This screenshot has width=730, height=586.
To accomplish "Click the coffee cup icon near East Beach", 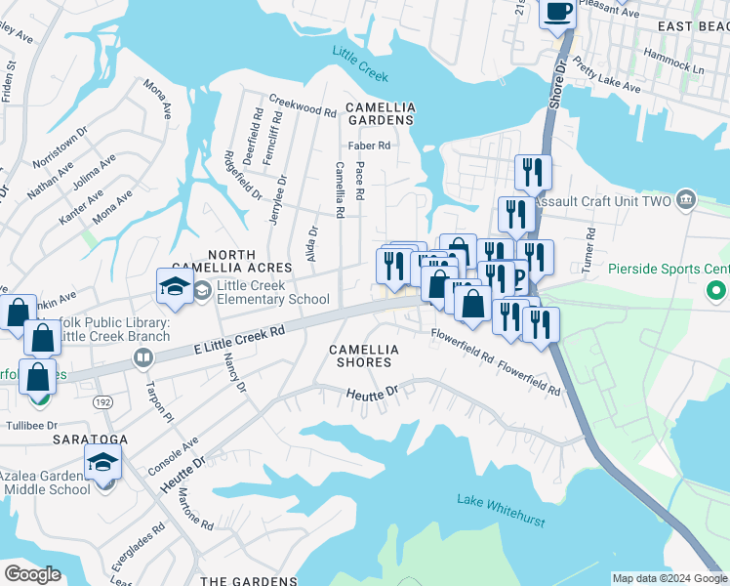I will point(559,13).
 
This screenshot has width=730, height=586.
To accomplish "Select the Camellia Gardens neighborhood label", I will point(379,113).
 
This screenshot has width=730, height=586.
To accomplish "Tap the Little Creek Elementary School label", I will point(272,292).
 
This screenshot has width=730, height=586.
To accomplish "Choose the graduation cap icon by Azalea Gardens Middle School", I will point(102,463).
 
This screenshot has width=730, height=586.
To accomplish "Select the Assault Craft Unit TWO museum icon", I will point(686,201).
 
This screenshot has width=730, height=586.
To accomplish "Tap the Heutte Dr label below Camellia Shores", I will point(373,393).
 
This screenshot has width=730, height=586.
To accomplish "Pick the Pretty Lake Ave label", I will point(607,75).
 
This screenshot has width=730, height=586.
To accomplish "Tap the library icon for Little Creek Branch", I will point(143,358).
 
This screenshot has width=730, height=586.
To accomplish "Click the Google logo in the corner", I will point(32,574).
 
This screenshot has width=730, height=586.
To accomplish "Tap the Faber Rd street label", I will point(372,146).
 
